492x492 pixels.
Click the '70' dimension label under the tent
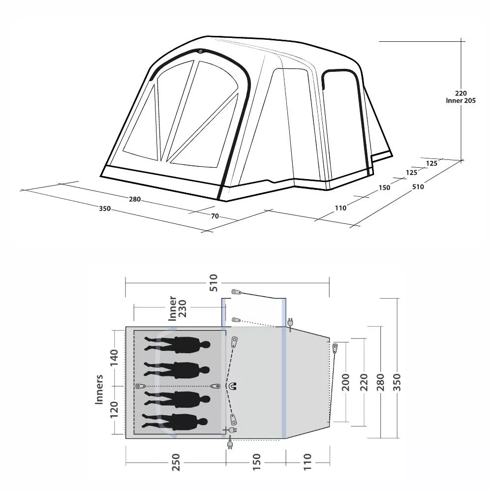pyautogui.click(x=215, y=216)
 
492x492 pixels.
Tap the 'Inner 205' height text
pyautogui.click(x=461, y=100)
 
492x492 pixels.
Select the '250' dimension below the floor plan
pyautogui.click(x=176, y=462)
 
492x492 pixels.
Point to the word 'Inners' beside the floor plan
pyautogui.click(x=99, y=389)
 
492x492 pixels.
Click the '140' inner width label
pyautogui.click(x=114, y=357)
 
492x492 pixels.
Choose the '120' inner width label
pyautogui.click(x=114, y=409)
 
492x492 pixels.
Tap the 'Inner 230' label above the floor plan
pyautogui.click(x=178, y=308)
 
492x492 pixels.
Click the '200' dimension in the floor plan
pyautogui.click(x=345, y=382)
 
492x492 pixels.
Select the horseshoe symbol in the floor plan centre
pyautogui.click(x=233, y=386)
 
